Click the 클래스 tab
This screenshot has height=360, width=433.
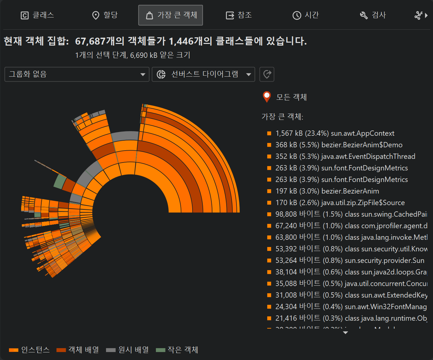coord(37,15)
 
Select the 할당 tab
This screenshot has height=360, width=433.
coord(105,15)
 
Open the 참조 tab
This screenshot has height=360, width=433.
coord(239,15)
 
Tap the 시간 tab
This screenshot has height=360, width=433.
coord(306,15)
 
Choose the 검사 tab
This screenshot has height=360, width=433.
coord(373,15)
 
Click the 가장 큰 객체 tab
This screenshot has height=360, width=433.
coord(170,15)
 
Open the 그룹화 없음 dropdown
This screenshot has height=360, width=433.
coord(77,74)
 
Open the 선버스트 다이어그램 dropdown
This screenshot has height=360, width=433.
coord(203,74)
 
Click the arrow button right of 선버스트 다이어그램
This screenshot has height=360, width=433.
coord(267,74)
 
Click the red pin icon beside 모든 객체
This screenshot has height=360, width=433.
coord(267,96)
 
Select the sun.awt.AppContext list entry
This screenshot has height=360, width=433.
coord(335,133)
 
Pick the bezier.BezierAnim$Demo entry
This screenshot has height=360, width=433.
coord(339,145)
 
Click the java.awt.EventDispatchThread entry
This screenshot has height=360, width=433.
coord(345,157)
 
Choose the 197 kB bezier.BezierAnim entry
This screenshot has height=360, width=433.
coord(327,191)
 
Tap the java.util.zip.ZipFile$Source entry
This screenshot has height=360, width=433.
coord(340,203)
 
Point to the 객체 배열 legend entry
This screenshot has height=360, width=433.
coord(78,350)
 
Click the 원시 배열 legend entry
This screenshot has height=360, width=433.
coord(127,350)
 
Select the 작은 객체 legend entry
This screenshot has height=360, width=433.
coord(177,350)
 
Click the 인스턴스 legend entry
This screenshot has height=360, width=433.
coord(29,350)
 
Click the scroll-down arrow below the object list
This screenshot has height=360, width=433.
coord(345,333)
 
